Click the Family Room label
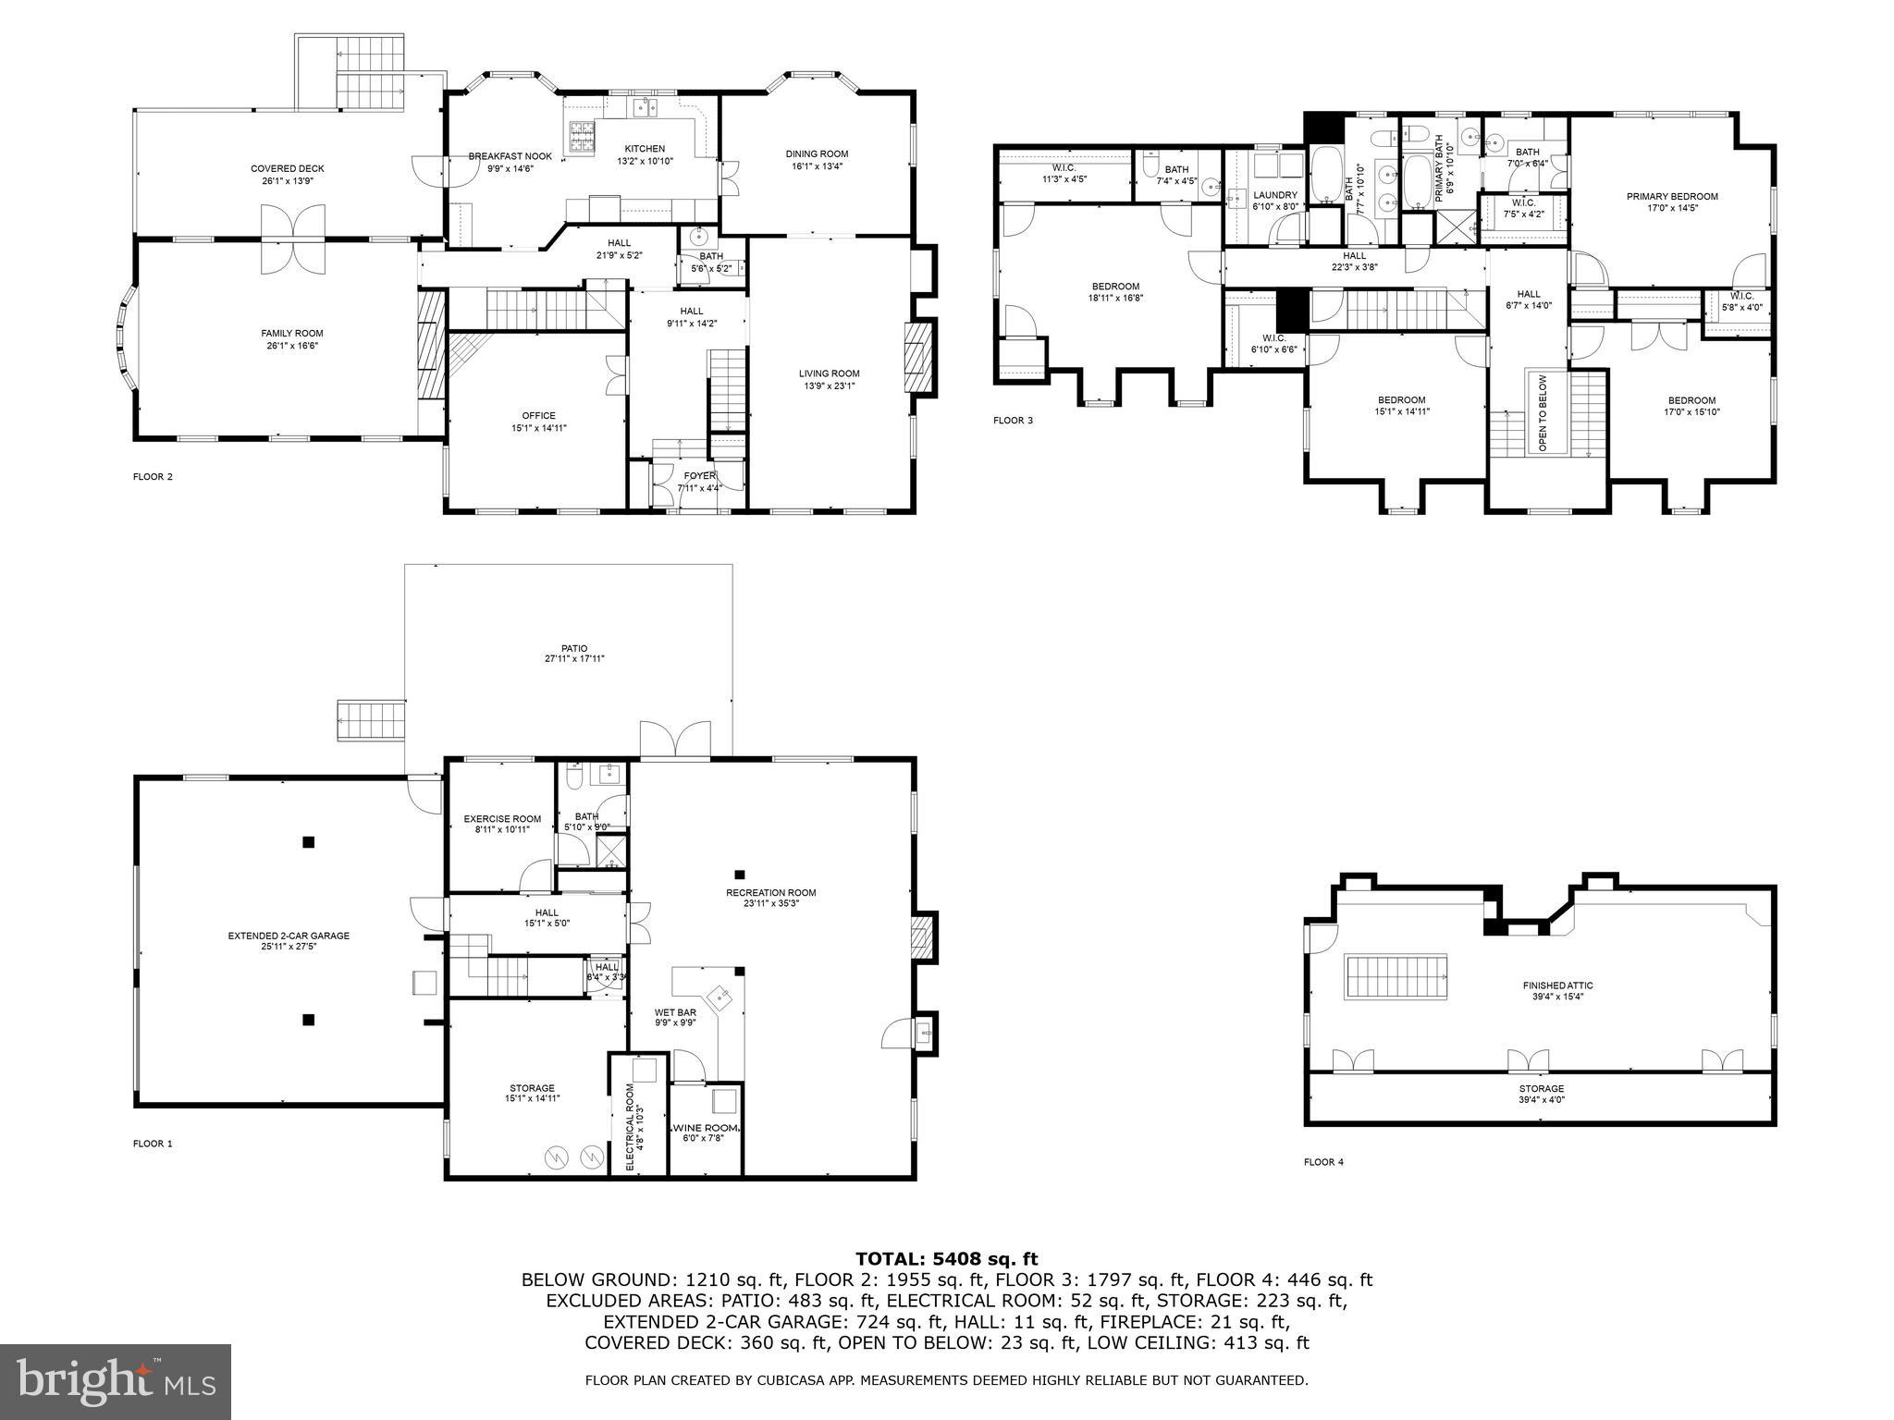291,334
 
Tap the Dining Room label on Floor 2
817,154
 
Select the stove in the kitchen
582,137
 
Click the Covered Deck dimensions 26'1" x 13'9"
288,181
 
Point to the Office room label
538,416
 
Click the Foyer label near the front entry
699,476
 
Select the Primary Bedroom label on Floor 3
1672,196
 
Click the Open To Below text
1543,412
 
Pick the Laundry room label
1275,195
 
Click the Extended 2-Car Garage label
289,936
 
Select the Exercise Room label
502,818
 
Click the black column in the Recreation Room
740,874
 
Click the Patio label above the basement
573,648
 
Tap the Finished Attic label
1557,985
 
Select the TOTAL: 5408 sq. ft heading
946,1258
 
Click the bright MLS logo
116,1381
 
